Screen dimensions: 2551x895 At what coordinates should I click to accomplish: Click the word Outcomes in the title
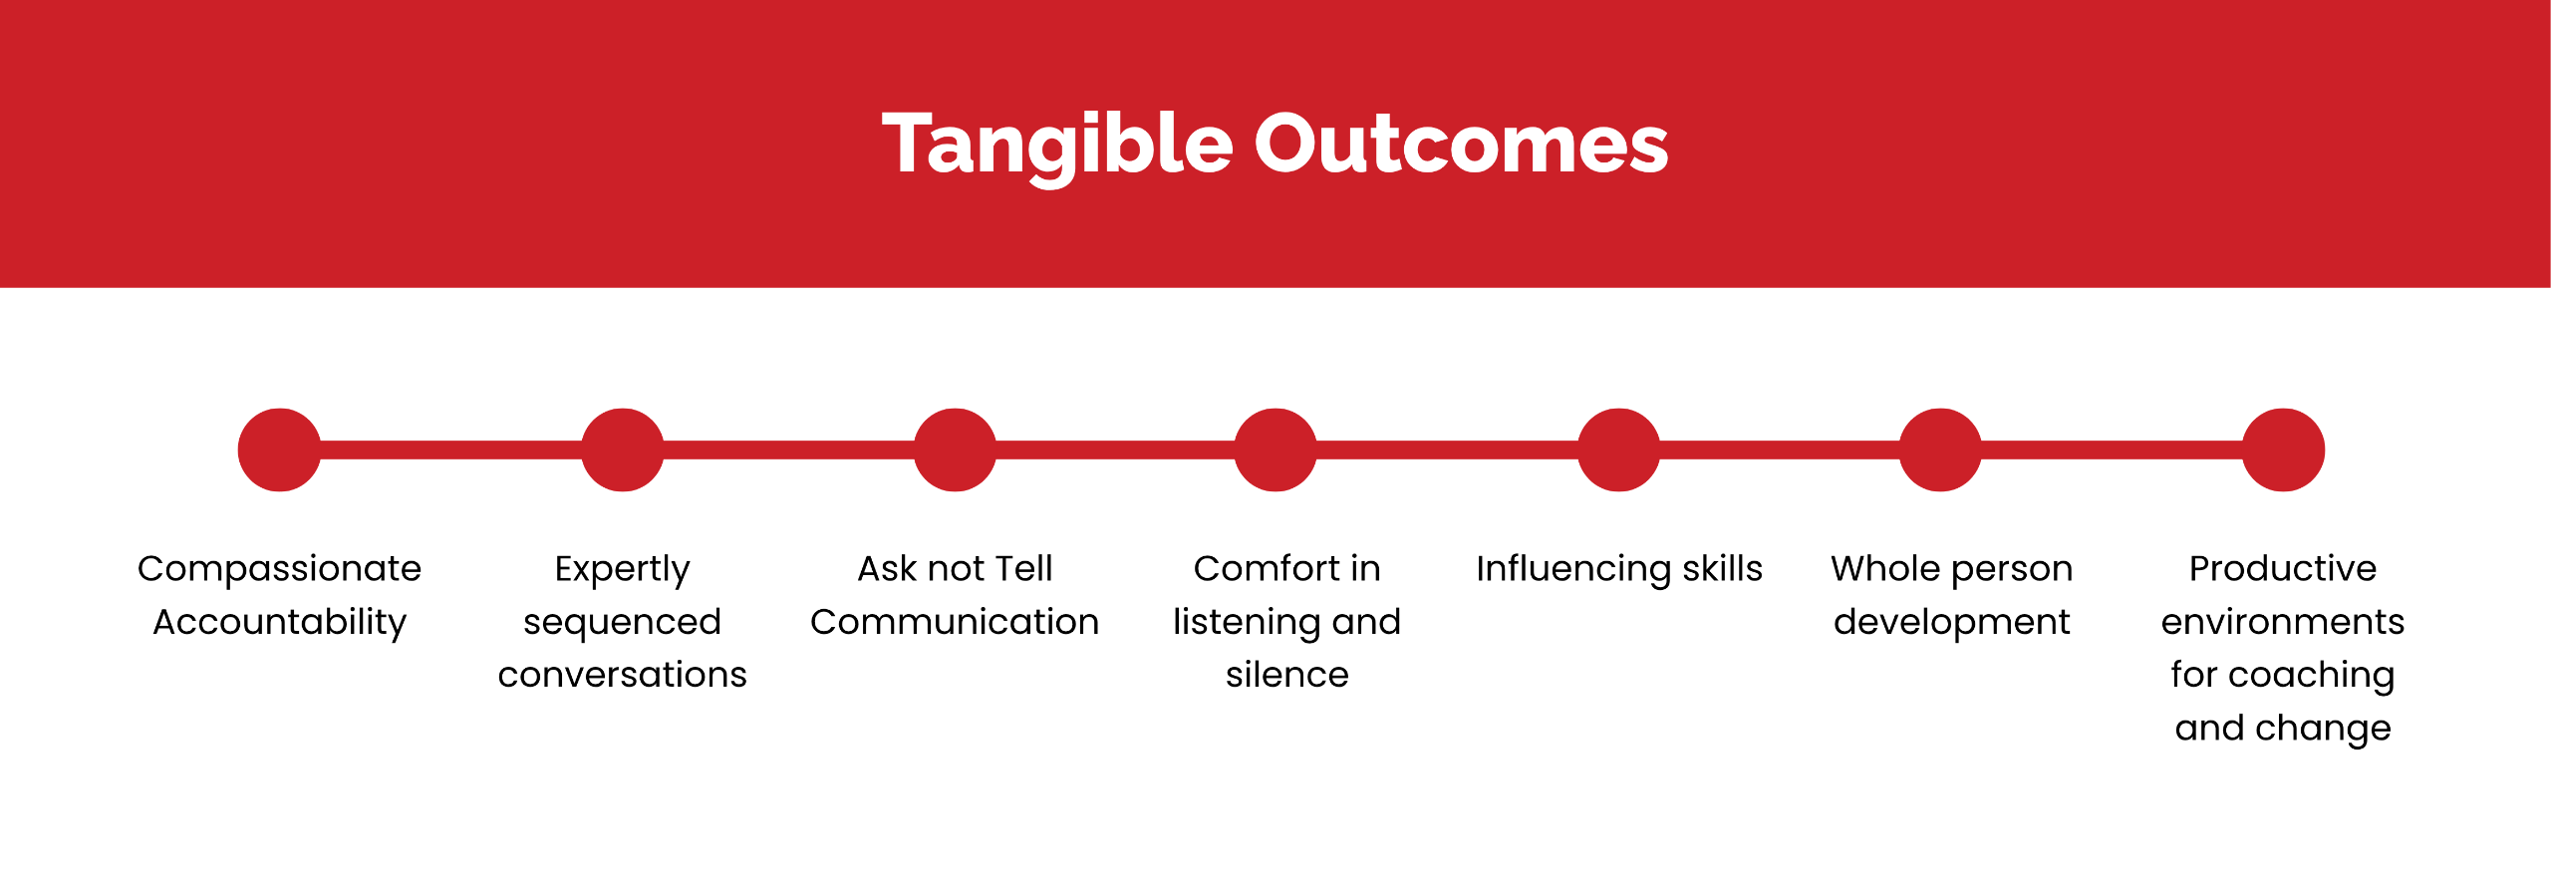[x=1461, y=144]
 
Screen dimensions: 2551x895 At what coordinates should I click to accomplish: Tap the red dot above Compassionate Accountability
[x=279, y=449]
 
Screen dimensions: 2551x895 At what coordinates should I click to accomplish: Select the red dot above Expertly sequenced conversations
[x=623, y=449]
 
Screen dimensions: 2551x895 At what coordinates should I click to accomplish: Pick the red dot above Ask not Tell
[x=955, y=449]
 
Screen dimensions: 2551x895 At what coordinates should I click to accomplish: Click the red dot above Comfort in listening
[x=1275, y=449]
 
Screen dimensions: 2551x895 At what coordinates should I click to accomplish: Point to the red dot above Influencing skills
[x=1619, y=449]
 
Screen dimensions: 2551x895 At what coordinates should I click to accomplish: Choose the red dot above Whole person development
[x=1940, y=449]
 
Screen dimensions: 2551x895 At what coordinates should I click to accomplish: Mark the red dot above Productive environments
[x=2283, y=449]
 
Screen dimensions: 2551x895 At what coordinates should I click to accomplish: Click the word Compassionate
[x=279, y=569]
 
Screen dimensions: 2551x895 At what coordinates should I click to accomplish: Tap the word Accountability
[x=279, y=623]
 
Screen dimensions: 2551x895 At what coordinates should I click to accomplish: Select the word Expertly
[x=623, y=570]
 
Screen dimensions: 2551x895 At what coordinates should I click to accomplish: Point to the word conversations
[x=623, y=676]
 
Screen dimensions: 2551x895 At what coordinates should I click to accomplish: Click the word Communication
[x=955, y=622]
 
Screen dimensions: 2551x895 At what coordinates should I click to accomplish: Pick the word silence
[x=1287, y=675]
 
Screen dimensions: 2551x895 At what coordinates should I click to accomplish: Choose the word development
[x=1952, y=623]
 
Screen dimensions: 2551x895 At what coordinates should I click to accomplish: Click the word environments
[x=2283, y=622]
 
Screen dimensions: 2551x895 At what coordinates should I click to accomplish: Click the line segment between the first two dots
[x=450, y=449]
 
